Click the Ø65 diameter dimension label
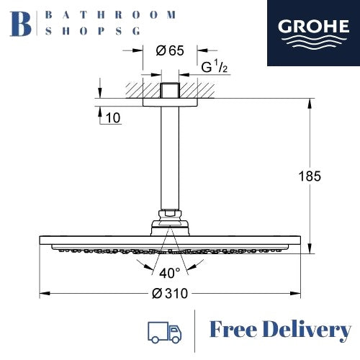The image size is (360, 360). coord(169,50)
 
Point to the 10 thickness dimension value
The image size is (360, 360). coord(114,118)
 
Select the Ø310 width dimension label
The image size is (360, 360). coord(171,294)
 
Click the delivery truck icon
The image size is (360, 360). coord(163,331)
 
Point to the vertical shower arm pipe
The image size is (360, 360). coord(170,158)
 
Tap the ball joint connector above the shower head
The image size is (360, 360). coord(170,214)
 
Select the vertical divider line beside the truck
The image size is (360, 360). coord(195,331)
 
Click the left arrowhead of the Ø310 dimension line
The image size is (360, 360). coord(42,294)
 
